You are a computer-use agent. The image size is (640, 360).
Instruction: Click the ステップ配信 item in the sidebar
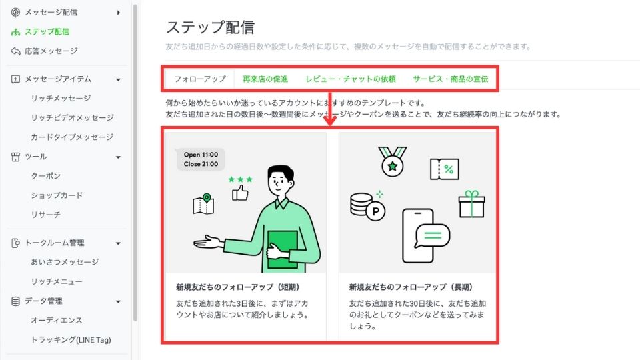point(47,32)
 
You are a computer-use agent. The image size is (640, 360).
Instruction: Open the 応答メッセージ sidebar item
point(51,51)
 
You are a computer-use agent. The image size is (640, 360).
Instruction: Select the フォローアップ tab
point(199,79)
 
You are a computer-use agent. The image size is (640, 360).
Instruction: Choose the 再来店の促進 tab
point(265,79)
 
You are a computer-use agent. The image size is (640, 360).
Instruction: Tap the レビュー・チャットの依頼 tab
point(351,79)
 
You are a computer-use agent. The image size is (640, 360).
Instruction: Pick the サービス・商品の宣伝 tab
point(450,79)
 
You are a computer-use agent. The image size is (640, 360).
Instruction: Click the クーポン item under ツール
point(46,176)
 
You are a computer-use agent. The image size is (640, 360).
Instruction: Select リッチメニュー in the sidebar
point(57,281)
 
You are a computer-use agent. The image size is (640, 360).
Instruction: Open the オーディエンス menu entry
point(57,321)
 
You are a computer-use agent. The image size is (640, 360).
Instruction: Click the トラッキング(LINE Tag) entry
point(71,339)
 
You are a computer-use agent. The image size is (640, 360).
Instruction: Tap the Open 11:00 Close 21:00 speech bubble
point(200,159)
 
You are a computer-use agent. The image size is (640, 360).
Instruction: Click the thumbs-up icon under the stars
point(240,193)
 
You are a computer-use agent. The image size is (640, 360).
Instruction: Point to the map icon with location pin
point(203,204)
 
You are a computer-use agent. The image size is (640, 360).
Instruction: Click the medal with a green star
point(392,161)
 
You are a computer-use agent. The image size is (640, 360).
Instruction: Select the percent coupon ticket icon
point(445,169)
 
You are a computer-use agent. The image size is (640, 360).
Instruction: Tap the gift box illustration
point(471,204)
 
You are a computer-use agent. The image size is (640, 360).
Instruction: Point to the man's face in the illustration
point(280,181)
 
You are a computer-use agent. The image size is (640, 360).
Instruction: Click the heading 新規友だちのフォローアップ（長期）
point(411,287)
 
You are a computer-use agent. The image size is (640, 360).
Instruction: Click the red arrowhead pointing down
point(330,120)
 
